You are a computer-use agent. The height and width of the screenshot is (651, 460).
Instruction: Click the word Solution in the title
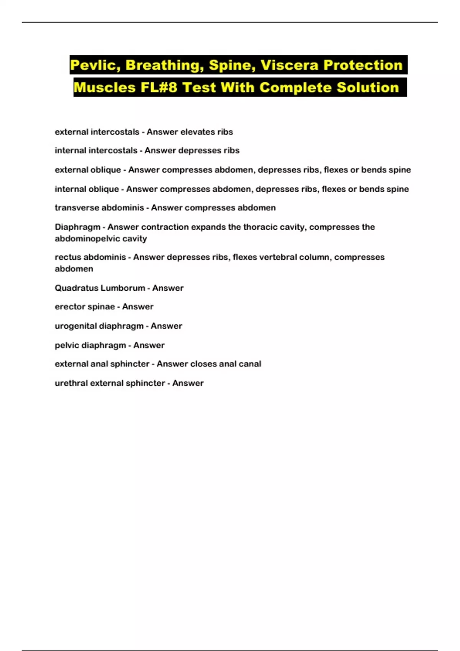[x=368, y=88]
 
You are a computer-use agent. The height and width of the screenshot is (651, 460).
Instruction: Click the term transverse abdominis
[x=99, y=208]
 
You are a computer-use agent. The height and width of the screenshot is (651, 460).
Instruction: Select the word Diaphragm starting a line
[x=77, y=227]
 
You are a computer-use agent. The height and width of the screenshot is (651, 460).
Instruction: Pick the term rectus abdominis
[x=90, y=257]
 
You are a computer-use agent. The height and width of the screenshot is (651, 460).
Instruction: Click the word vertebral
[x=277, y=257]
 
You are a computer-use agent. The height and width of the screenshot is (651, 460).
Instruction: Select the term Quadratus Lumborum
[x=100, y=288]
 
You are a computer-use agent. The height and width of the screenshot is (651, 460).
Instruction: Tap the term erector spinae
[x=85, y=307]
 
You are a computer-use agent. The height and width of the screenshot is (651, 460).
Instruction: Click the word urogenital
[x=74, y=326]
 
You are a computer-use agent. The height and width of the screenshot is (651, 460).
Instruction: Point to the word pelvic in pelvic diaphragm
[x=65, y=345]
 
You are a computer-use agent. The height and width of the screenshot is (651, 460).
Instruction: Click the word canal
[x=250, y=364]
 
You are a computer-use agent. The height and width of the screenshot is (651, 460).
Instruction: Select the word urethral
[x=71, y=383]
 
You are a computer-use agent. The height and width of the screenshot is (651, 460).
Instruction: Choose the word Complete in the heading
[x=295, y=88]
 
